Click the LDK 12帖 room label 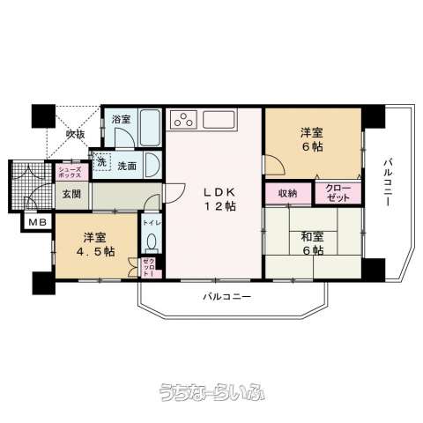click(x=220, y=199)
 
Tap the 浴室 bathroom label click(x=121, y=119)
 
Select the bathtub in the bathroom click(x=150, y=128)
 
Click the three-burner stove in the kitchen click(x=183, y=120)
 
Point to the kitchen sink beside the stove click(x=219, y=120)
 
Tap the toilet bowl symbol click(x=152, y=242)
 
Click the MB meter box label click(x=38, y=222)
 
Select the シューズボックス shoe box click(x=70, y=172)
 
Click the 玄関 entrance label click(x=71, y=194)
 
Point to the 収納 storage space click(x=288, y=193)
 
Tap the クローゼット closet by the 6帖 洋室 click(x=338, y=193)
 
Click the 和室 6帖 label click(x=313, y=243)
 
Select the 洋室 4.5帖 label click(x=95, y=244)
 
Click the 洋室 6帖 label click(x=312, y=139)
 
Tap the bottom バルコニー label click(x=227, y=297)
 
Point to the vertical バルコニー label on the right click(x=389, y=182)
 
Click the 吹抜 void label click(x=75, y=134)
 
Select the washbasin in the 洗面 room click(x=152, y=166)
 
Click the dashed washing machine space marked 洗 click(x=101, y=162)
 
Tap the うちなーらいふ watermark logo click(x=212, y=392)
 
